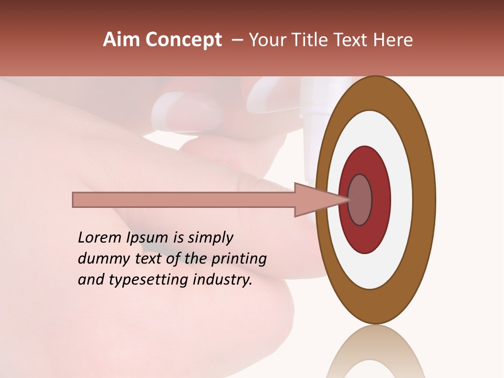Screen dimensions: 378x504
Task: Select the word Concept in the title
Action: [x=183, y=40]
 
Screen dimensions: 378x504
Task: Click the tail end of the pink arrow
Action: [x=75, y=200]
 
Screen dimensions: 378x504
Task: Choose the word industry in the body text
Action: [x=224, y=280]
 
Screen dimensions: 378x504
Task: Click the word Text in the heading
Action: [x=352, y=40]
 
